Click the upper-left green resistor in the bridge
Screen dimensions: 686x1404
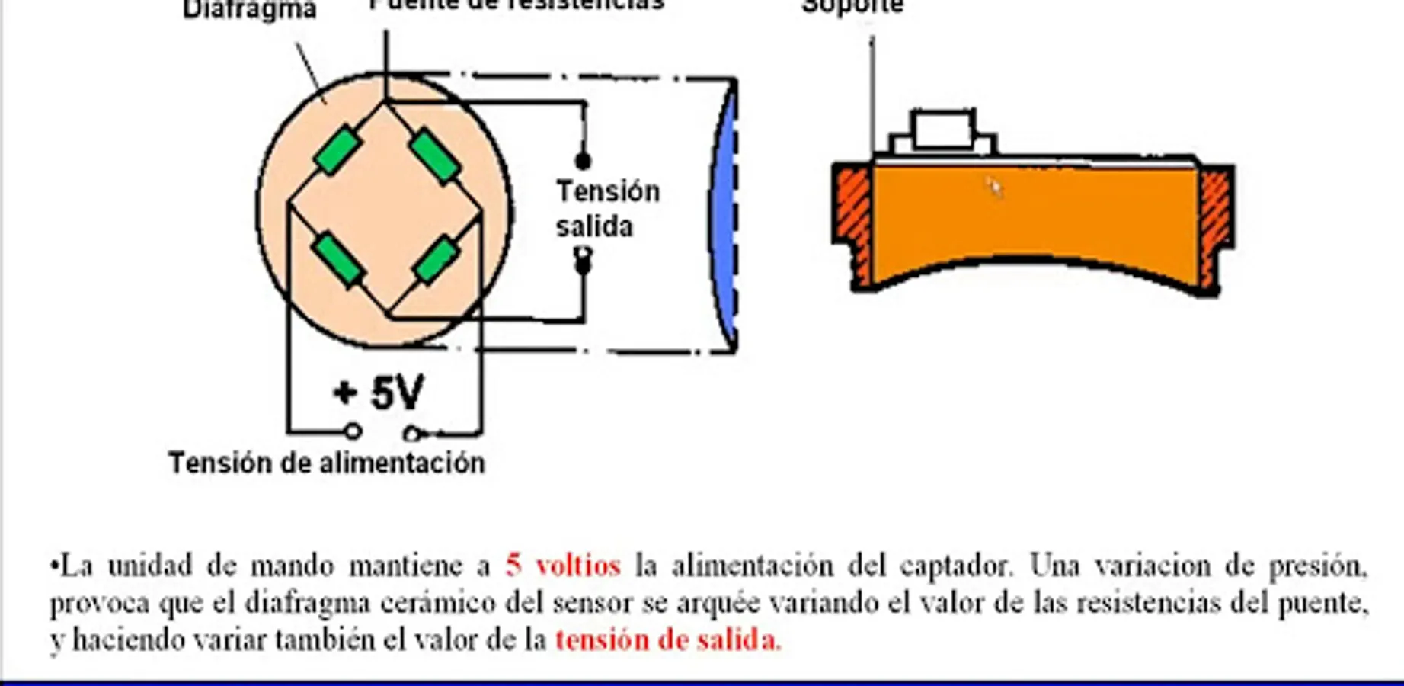(337, 149)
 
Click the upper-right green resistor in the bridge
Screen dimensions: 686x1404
(435, 156)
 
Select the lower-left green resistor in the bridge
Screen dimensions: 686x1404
(339, 260)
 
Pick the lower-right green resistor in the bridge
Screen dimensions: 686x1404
(437, 259)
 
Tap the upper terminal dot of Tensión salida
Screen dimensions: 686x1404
(583, 161)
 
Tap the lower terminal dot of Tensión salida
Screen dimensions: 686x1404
(583, 263)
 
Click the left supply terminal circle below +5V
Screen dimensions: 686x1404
(353, 432)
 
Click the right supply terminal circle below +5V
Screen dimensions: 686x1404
(412, 434)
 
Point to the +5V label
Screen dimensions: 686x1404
(379, 393)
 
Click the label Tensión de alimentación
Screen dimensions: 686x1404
(326, 463)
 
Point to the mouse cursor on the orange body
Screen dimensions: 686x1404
(993, 185)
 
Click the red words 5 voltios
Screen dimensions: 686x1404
(563, 566)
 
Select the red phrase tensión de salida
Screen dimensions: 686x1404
(667, 640)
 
